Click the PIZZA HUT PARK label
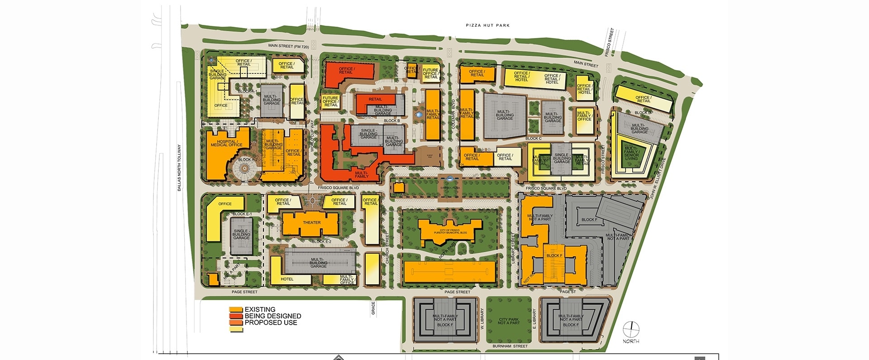coord(487,25)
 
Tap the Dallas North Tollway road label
coord(179,168)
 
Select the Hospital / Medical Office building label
coord(226,144)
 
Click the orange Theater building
coord(311,223)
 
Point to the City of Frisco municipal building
coord(447,231)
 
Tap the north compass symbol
coord(631,329)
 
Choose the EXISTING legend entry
coord(260,310)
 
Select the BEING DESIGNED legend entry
coord(272,316)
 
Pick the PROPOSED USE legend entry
coord(271,322)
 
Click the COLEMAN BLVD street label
coord(454,114)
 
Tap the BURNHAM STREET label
coord(511,346)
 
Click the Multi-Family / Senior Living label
coord(631,154)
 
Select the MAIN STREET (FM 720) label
coord(288,46)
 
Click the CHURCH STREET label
coord(387,249)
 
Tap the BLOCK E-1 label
coord(242,214)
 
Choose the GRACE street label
coord(373,308)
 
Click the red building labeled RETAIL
coord(375,99)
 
